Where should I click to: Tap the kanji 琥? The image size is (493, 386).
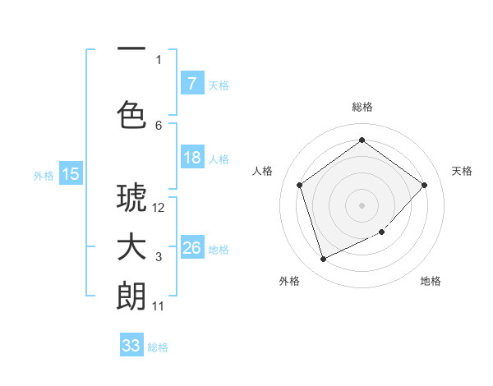pos(131,198)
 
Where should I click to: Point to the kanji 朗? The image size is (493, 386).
pos(131,296)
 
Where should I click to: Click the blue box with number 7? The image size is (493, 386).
pos(191,84)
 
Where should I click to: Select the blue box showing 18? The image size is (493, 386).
pos(191,158)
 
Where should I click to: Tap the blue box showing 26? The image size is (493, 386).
pos(191,248)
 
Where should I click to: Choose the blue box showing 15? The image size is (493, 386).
pos(71,173)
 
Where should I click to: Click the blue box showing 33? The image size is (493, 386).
pos(131,346)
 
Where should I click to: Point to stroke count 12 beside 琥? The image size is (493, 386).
pos(159,208)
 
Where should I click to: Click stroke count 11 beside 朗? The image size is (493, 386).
pos(159,306)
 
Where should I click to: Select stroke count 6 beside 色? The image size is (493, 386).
pos(159,125)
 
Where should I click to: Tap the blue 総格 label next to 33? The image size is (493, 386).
pos(158,347)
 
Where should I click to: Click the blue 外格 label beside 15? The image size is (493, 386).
pos(44,175)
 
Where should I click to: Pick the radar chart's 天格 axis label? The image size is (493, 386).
pos(462,171)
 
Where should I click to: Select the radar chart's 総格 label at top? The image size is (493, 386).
pos(362,107)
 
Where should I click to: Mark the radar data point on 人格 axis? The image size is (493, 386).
pos(300,185)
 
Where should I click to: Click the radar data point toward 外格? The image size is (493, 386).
pos(323,260)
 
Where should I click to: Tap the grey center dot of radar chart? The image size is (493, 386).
pos(362,204)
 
